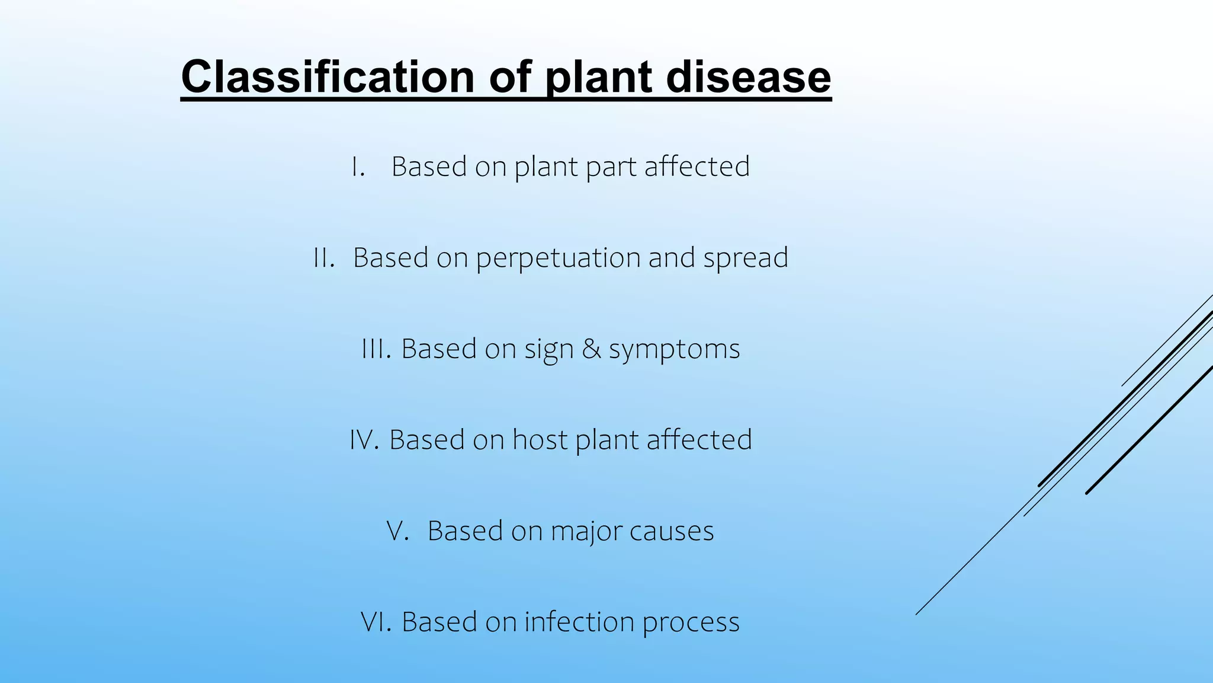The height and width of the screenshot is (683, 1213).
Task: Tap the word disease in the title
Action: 748,77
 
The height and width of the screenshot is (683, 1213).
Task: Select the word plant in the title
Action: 598,77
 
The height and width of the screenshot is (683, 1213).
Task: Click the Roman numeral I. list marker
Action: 358,167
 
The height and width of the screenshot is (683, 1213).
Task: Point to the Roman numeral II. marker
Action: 324,258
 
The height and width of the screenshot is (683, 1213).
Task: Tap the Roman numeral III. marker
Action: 376,349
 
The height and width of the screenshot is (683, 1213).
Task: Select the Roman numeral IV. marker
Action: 364,440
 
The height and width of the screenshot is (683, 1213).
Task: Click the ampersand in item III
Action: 591,349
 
